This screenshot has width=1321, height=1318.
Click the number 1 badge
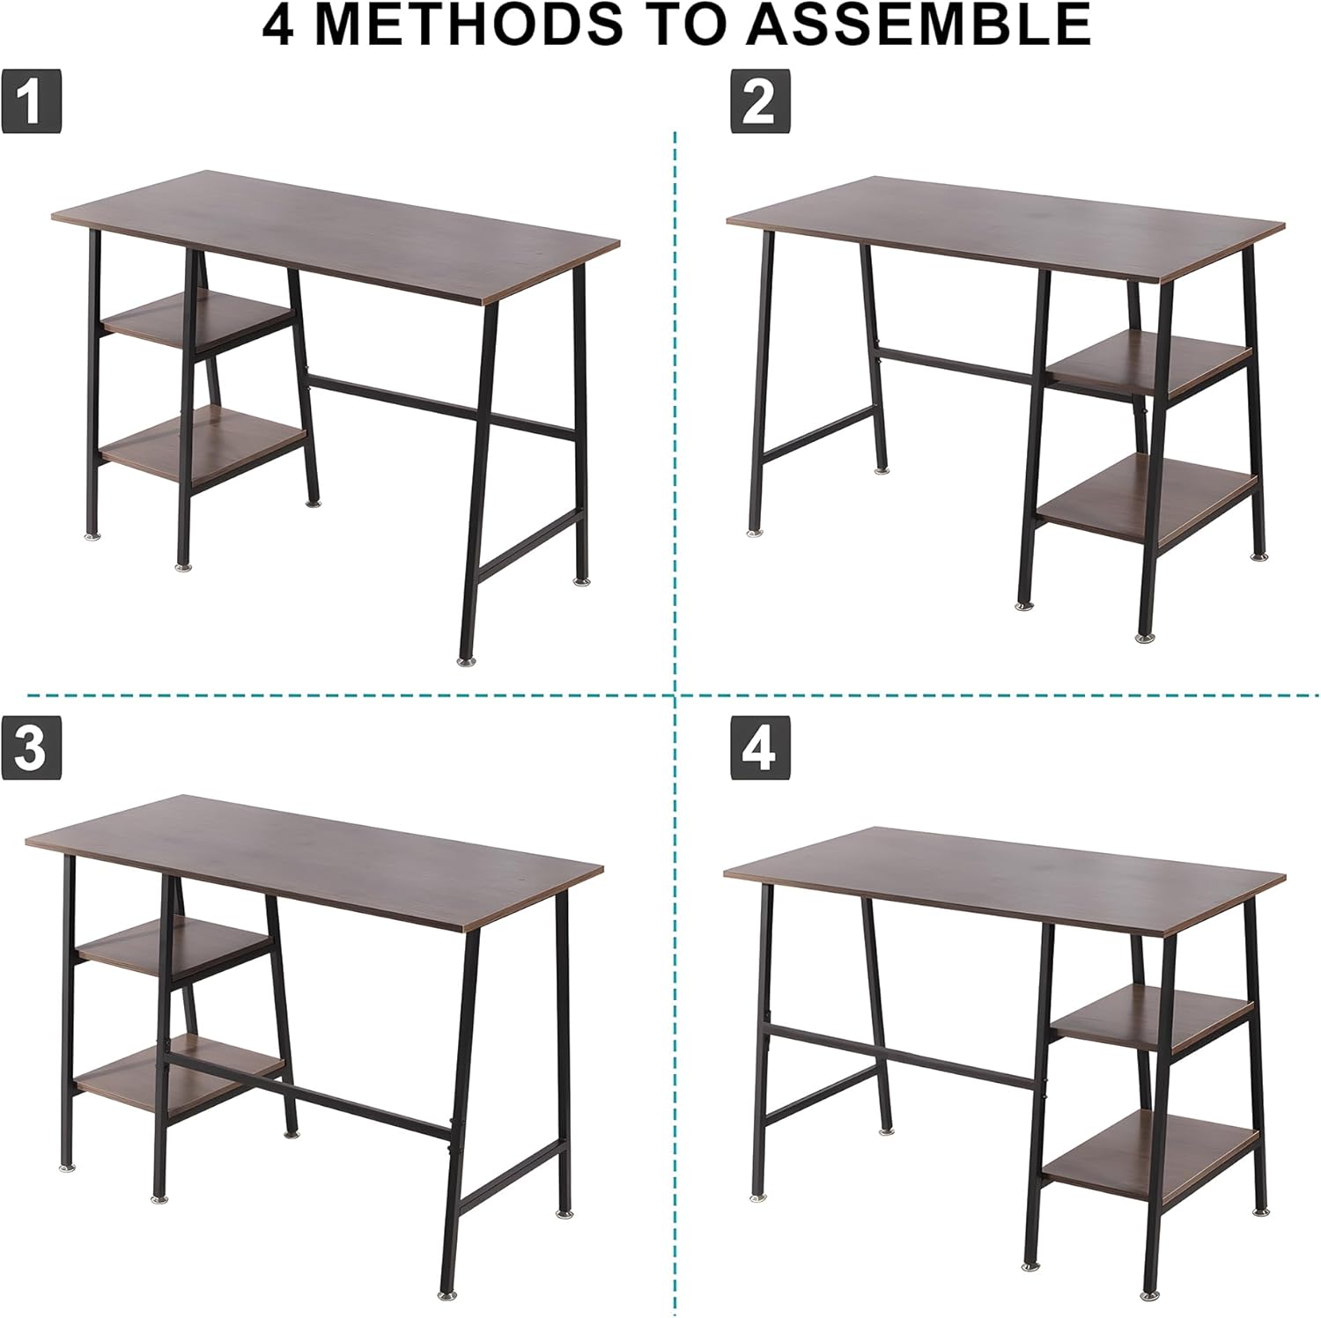pos(31,103)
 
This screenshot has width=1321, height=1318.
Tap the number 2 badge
pos(760,103)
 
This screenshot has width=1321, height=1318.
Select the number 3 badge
pos(31,748)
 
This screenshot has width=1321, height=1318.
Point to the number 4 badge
pos(760,748)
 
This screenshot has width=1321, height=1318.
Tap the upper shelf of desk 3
pos(174,946)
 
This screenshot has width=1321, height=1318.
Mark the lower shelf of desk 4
pos(1149,1149)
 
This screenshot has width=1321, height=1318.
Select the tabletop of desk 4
pos(1005,881)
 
